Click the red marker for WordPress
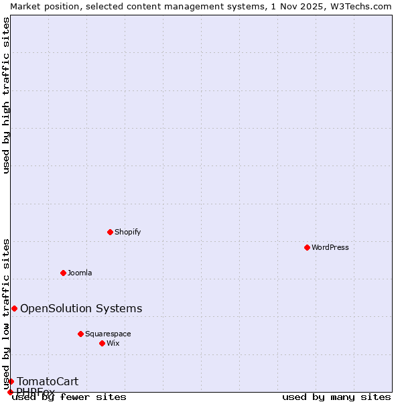point(307,247)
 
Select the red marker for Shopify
point(110,232)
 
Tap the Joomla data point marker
point(63,273)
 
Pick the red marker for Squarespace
point(80,334)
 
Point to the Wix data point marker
point(102,343)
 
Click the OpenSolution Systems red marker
point(14,308)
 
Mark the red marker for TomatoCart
point(11,381)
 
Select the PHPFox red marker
point(10,392)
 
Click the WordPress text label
point(330,247)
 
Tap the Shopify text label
point(127,232)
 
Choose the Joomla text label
point(80,273)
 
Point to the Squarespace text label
point(108,334)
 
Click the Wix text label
point(113,343)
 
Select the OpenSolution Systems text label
point(81,308)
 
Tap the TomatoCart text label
point(48,381)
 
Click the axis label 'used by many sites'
point(336,397)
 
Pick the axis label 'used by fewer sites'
point(69,397)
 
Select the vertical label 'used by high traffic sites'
point(6,95)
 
